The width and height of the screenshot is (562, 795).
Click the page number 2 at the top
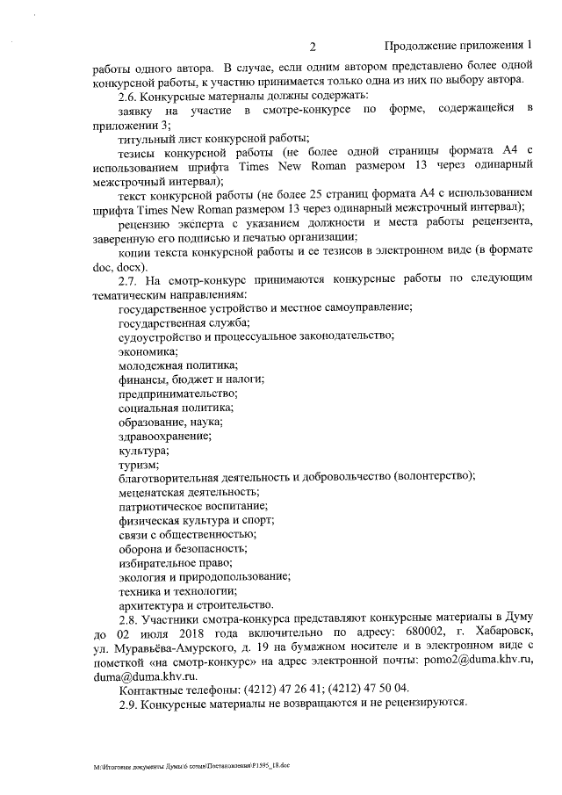[313, 46]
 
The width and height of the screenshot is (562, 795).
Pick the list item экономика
[148, 351]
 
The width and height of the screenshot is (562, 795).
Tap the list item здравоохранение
[164, 435]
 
